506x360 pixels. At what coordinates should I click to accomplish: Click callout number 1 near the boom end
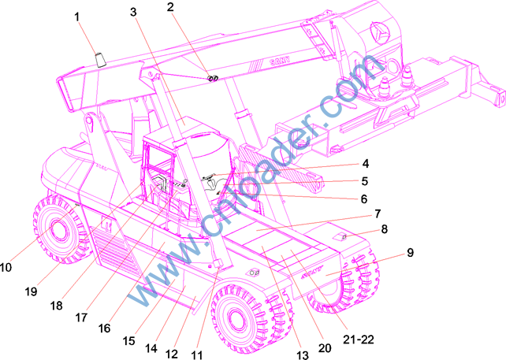tap(76, 17)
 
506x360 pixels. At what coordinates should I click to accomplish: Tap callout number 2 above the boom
tap(170, 7)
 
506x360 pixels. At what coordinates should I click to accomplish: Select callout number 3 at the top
tap(133, 12)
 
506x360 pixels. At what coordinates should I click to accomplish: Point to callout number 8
tap(384, 229)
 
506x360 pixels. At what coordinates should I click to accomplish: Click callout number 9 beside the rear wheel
tap(410, 252)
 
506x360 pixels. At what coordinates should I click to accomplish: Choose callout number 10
tap(6, 267)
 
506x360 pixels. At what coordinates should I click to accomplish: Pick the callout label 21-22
tap(358, 339)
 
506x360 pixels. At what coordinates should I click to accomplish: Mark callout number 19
tap(31, 291)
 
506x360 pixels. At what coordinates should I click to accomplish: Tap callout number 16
tap(104, 328)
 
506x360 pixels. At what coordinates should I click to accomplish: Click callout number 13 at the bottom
tap(303, 354)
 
